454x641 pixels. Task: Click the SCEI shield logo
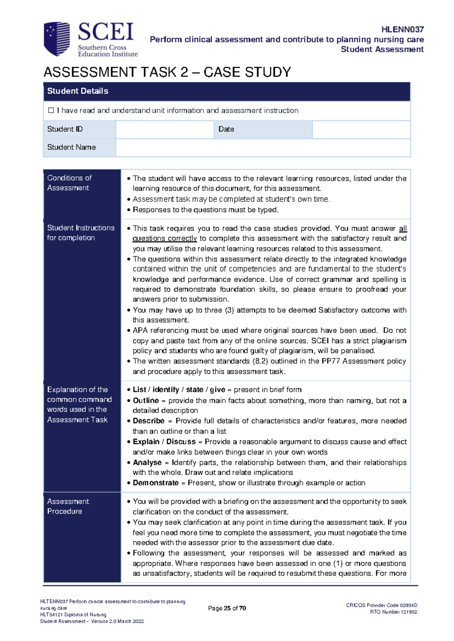(57, 39)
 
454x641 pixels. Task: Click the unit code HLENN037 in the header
(402, 29)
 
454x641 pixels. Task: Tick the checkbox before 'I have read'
(51, 110)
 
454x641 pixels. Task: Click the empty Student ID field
(165, 129)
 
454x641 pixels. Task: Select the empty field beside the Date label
(361, 129)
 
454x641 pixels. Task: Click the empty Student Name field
(263, 147)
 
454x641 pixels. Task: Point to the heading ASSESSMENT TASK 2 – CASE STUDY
(167, 72)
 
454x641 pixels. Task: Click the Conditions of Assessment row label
(69, 183)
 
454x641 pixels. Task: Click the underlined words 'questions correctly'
(165, 238)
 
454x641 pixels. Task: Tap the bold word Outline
(146, 400)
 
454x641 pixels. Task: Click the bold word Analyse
(147, 462)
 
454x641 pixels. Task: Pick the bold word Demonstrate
(155, 483)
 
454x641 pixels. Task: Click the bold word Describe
(148, 421)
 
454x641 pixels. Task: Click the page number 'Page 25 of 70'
(227, 608)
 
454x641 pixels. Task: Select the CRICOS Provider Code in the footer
(381, 605)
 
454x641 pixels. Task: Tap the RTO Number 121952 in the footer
(393, 612)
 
